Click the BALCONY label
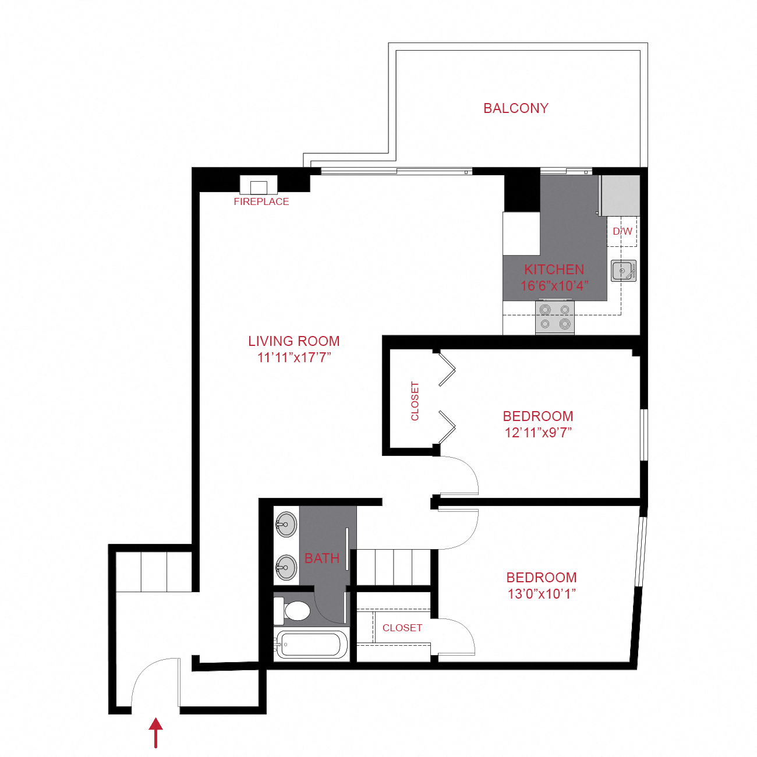516,108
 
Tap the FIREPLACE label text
261,202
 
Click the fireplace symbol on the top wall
259,186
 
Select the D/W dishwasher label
622,231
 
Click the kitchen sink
623,271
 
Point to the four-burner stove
554,317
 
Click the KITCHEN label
554,270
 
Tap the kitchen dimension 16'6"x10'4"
554,286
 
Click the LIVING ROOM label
294,341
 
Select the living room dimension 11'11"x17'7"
294,358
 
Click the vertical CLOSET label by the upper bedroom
415,401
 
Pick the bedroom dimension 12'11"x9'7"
538,433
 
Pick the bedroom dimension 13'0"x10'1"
542,594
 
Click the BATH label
322,558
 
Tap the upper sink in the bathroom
286,525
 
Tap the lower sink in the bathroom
286,567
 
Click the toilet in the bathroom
295,611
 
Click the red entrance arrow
155,732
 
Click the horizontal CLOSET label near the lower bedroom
402,628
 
